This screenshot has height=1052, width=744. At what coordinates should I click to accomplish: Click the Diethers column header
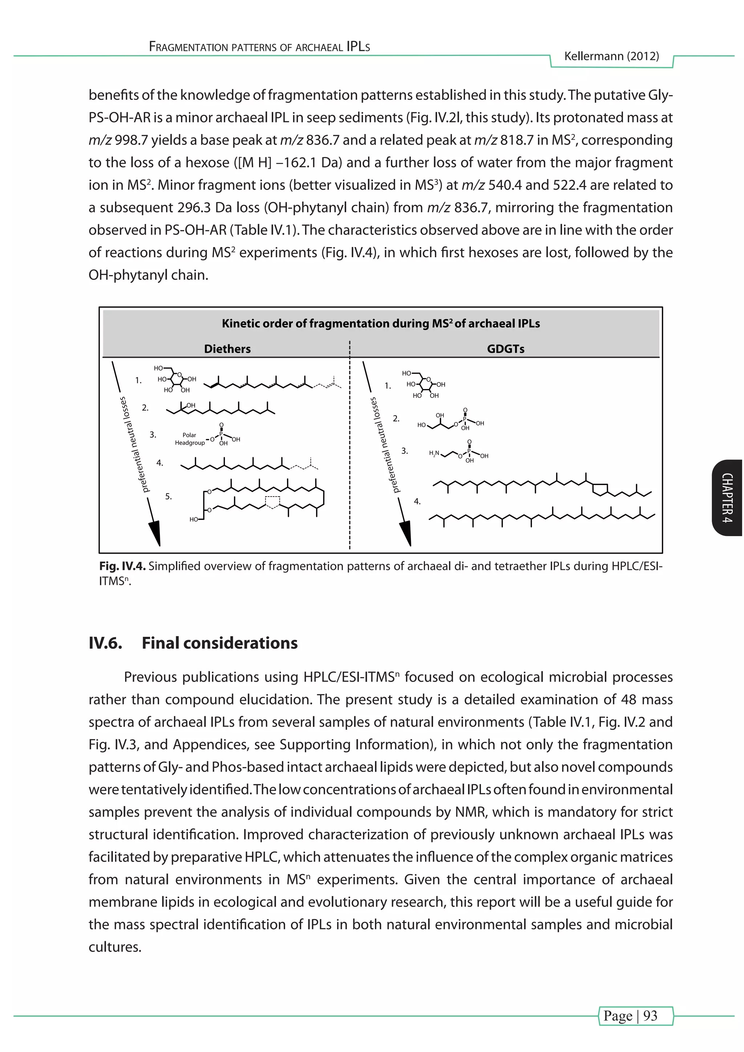227,349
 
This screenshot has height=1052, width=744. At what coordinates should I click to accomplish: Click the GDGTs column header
505,349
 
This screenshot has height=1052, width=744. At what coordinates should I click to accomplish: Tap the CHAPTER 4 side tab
728,498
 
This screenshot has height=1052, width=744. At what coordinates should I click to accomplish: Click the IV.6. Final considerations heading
193,643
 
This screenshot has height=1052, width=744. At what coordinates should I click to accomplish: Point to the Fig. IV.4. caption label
122,566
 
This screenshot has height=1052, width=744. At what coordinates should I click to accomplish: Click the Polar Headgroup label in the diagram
190,439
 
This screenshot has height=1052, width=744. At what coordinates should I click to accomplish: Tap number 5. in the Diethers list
169,496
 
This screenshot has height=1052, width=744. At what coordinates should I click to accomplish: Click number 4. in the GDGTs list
417,501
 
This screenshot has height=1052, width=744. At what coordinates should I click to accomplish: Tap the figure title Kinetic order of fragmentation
381,323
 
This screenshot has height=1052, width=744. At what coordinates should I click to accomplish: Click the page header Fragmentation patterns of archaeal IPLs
259,47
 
